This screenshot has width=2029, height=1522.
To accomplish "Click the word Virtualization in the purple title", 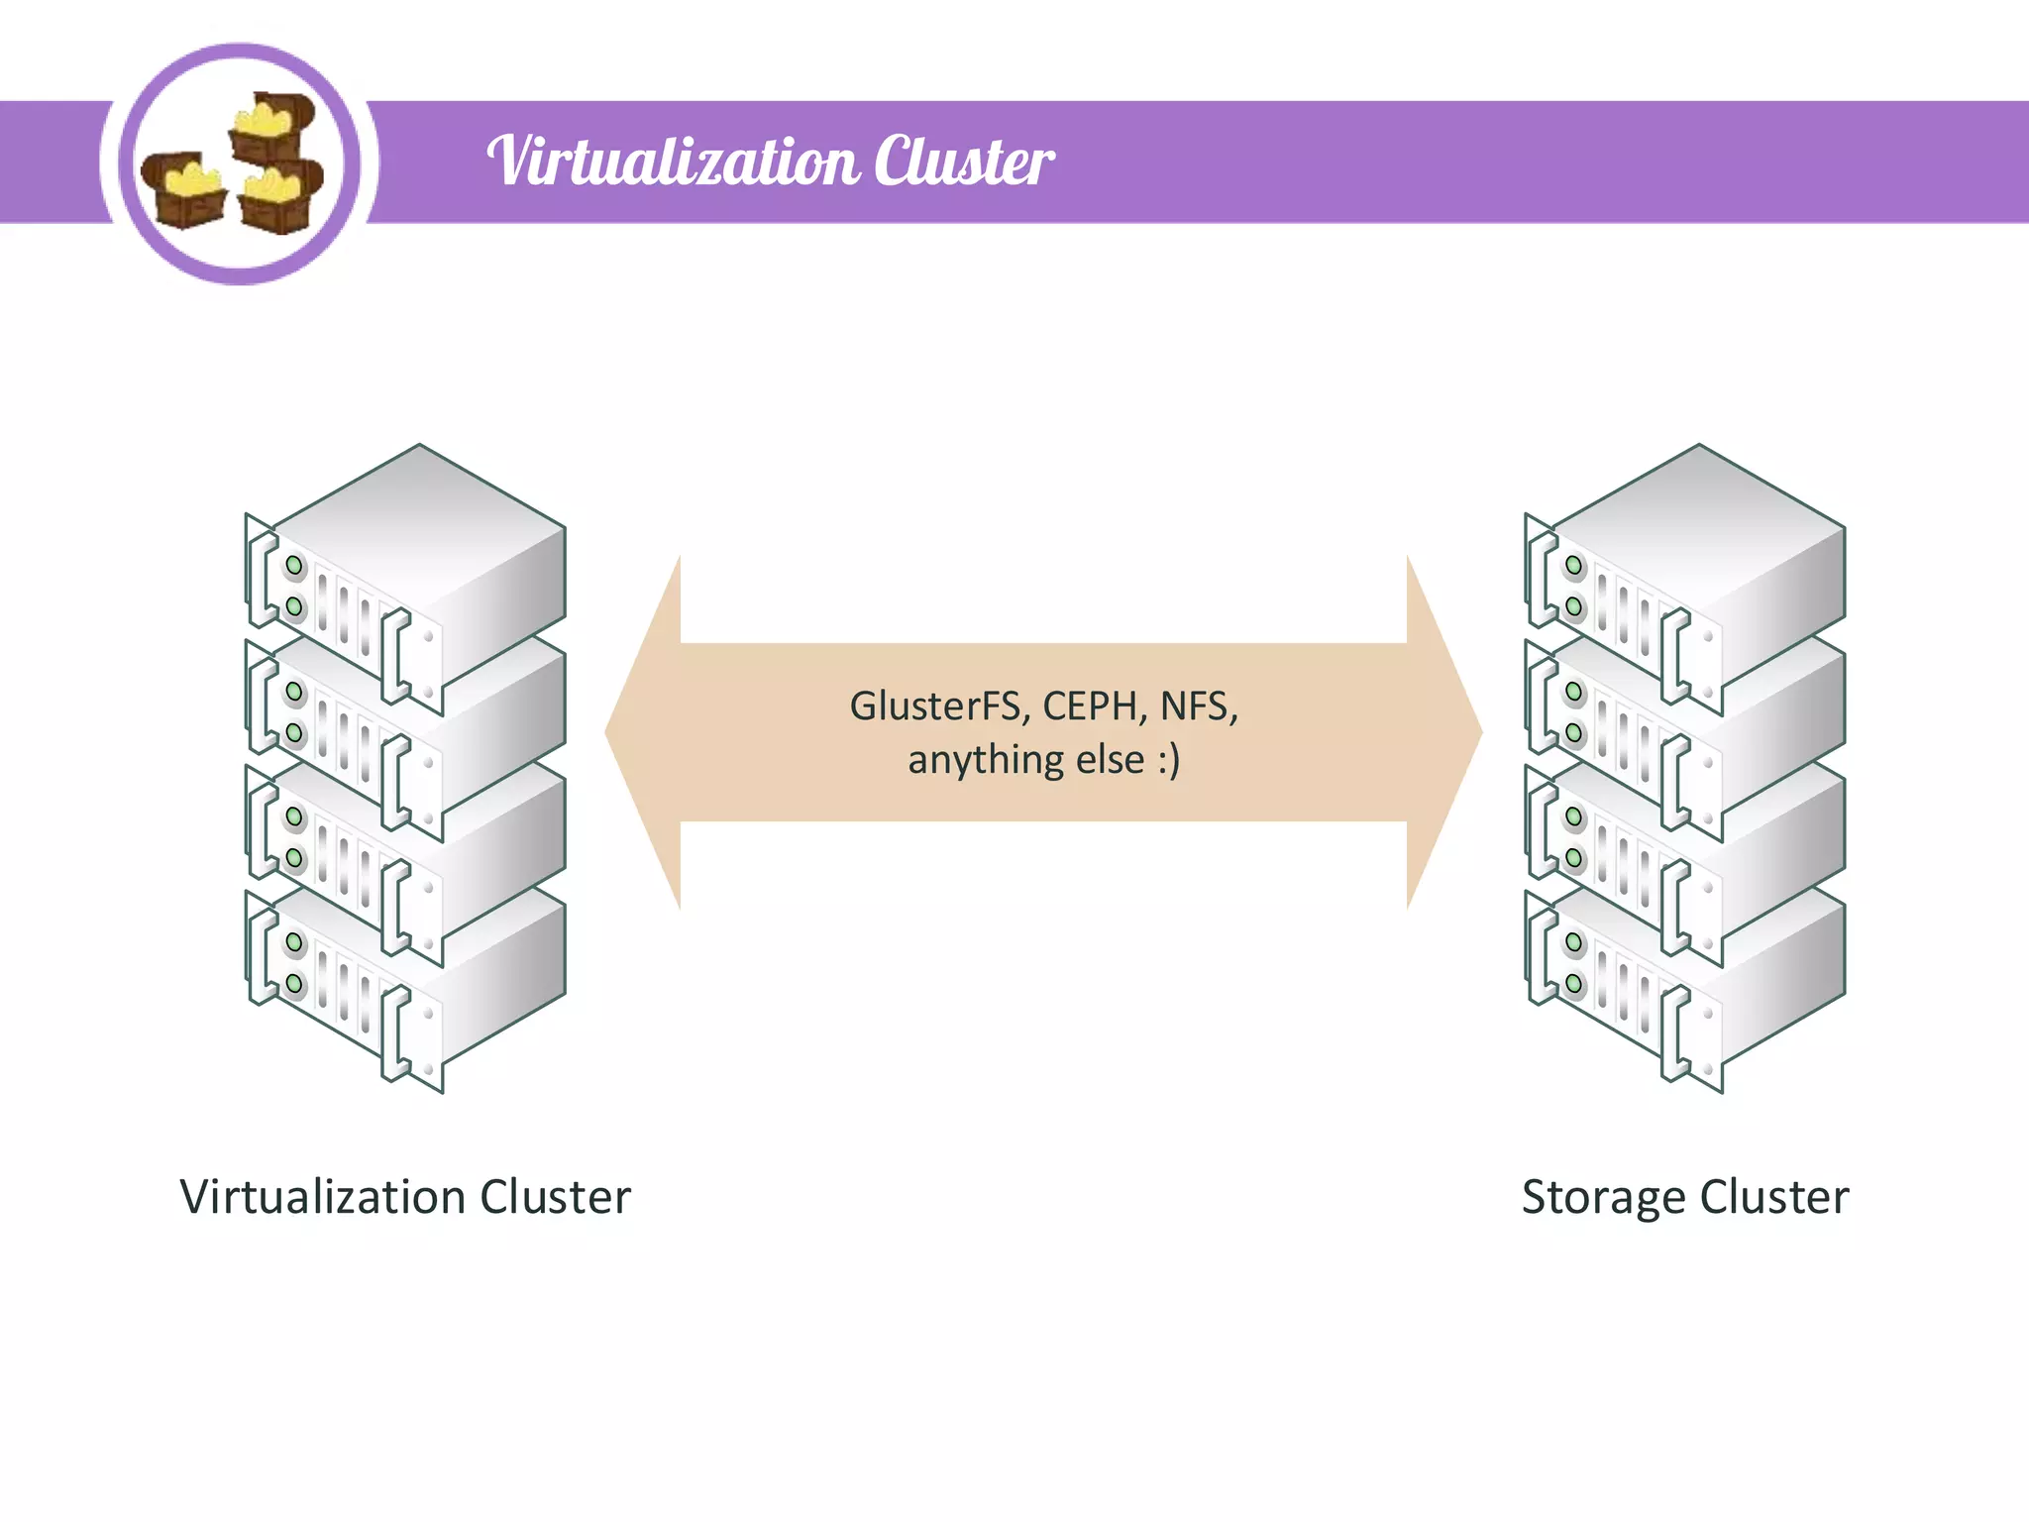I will tap(674, 162).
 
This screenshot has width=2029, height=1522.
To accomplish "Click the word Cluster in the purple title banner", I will tap(963, 162).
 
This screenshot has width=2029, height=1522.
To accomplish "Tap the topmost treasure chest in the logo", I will tap(269, 127).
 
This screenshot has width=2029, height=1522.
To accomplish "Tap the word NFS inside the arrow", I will tap(1197, 707).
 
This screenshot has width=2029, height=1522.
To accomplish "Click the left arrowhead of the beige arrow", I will tap(644, 732).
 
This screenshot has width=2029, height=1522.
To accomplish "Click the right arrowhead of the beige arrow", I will tap(1443, 732).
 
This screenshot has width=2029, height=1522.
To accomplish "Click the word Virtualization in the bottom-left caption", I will tap(323, 1197).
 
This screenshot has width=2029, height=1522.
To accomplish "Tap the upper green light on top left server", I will tap(294, 566).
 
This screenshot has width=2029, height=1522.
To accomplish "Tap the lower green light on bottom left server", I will tap(294, 983).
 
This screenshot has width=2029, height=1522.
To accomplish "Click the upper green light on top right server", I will tap(1573, 566).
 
